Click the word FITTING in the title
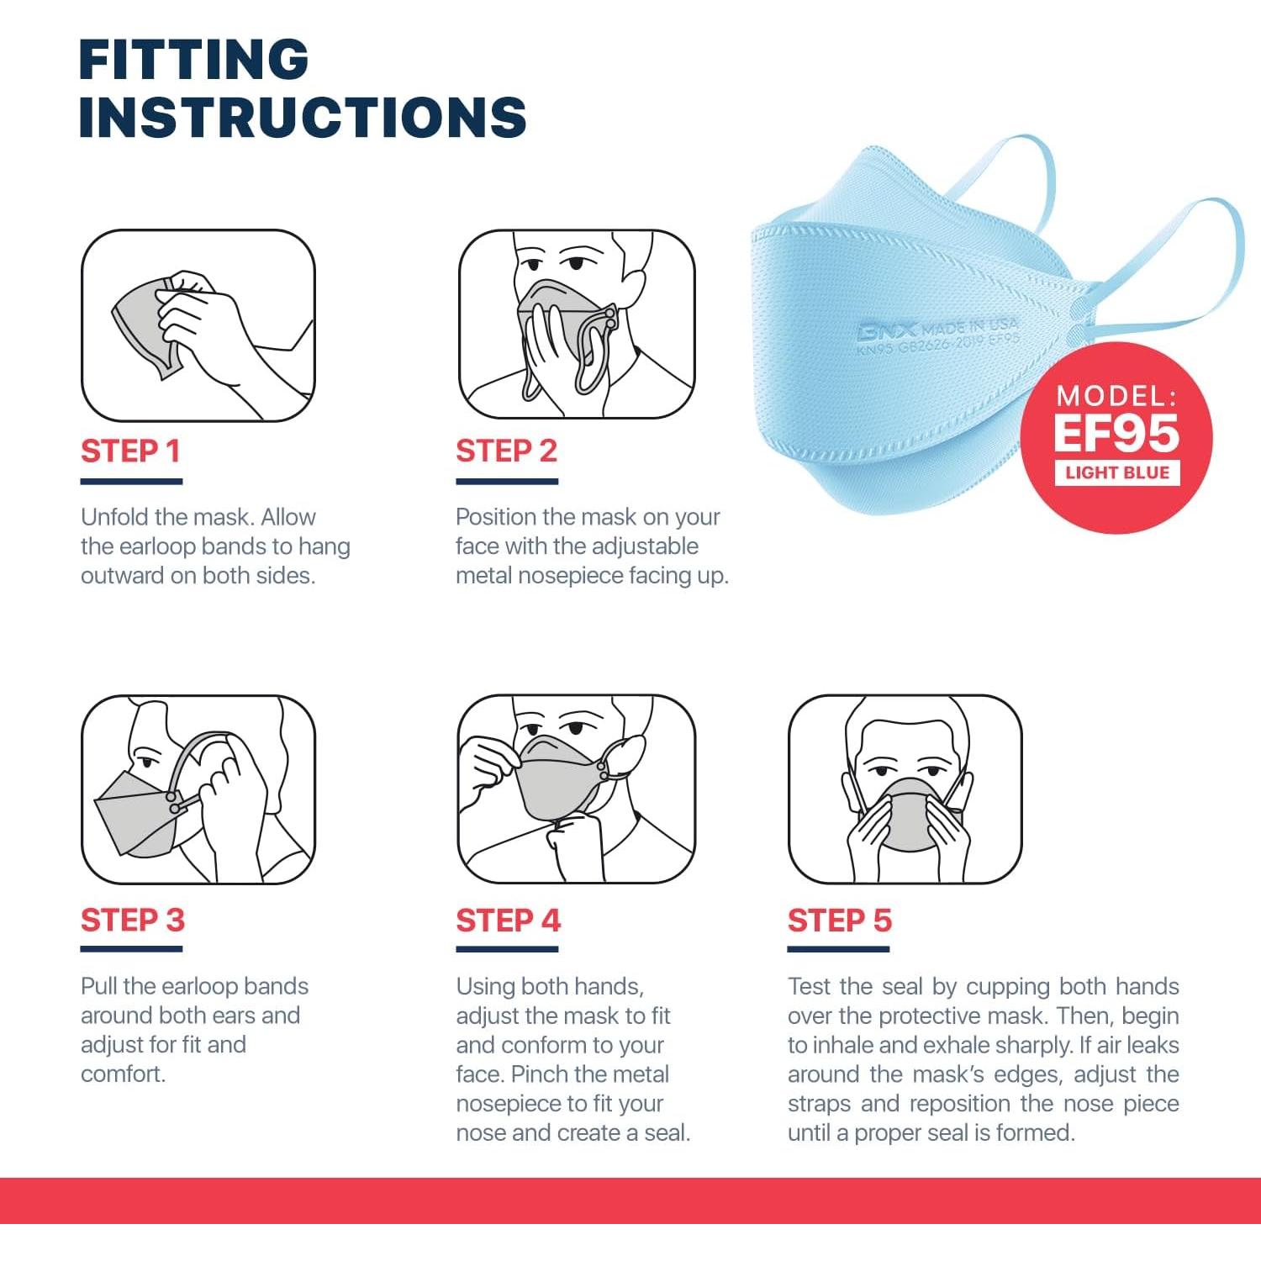tap(194, 59)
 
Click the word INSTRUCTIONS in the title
tap(303, 116)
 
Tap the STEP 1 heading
tap(130, 451)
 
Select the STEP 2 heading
tap(506, 451)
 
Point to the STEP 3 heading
tap(132, 920)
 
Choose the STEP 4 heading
tap(508, 920)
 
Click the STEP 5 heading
tap(839, 920)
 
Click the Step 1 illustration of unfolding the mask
tap(198, 325)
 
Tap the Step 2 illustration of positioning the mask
tap(577, 324)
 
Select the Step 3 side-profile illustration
tap(198, 789)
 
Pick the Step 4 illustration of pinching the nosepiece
tap(577, 789)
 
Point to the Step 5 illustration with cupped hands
tap(905, 789)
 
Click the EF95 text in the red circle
tap(1116, 432)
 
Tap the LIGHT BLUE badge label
tap(1117, 472)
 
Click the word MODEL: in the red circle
tap(1117, 395)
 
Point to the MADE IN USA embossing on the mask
tap(968, 326)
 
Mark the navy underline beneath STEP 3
tap(131, 949)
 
